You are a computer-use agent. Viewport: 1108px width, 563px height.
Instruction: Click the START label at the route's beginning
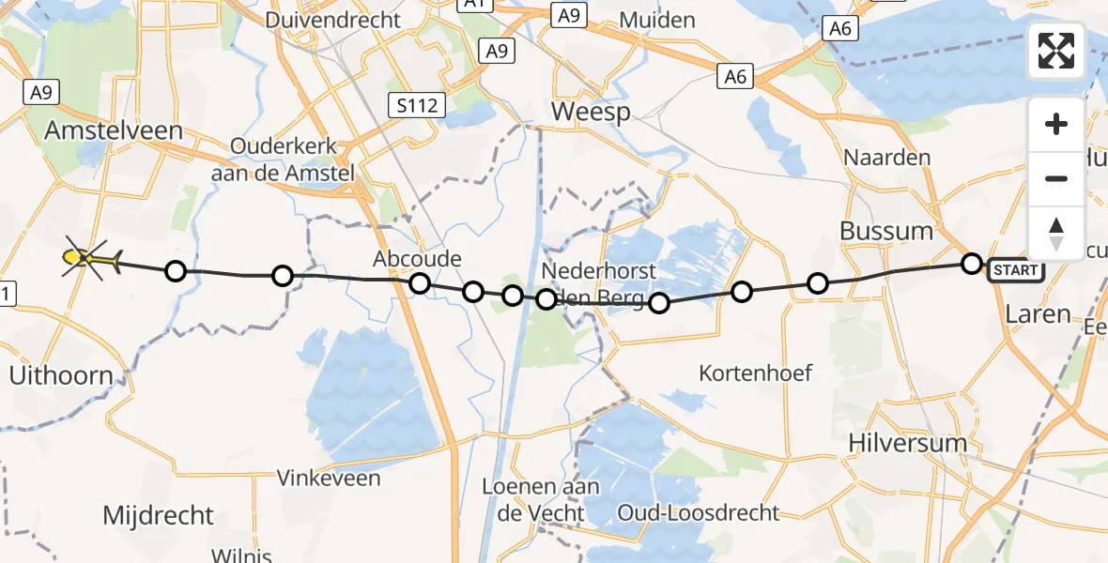tap(1015, 271)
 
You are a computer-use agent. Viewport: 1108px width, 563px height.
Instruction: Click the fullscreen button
tap(1056, 51)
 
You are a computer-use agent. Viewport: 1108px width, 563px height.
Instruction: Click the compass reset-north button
tap(1056, 234)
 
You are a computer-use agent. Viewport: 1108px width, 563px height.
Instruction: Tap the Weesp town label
tap(590, 113)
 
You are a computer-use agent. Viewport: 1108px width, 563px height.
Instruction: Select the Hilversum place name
tap(906, 443)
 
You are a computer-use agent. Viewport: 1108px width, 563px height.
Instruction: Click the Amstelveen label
tap(114, 130)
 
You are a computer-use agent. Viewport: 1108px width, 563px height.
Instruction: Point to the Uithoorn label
tap(60, 377)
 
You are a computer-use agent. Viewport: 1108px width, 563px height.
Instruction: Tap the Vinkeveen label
tap(329, 479)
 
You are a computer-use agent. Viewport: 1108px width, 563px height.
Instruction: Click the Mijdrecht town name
tap(158, 515)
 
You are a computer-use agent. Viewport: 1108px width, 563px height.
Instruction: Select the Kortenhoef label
tap(755, 373)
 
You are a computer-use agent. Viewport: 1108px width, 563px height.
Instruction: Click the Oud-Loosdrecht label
tap(699, 512)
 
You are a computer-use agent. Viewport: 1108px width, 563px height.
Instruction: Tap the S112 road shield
tap(416, 105)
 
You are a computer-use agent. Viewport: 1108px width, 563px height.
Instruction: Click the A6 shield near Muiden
tap(735, 76)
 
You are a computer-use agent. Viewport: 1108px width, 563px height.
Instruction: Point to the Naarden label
tap(886, 158)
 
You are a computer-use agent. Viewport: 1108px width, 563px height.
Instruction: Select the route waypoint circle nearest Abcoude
tap(419, 283)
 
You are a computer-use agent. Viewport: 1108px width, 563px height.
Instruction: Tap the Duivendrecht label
tap(332, 20)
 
